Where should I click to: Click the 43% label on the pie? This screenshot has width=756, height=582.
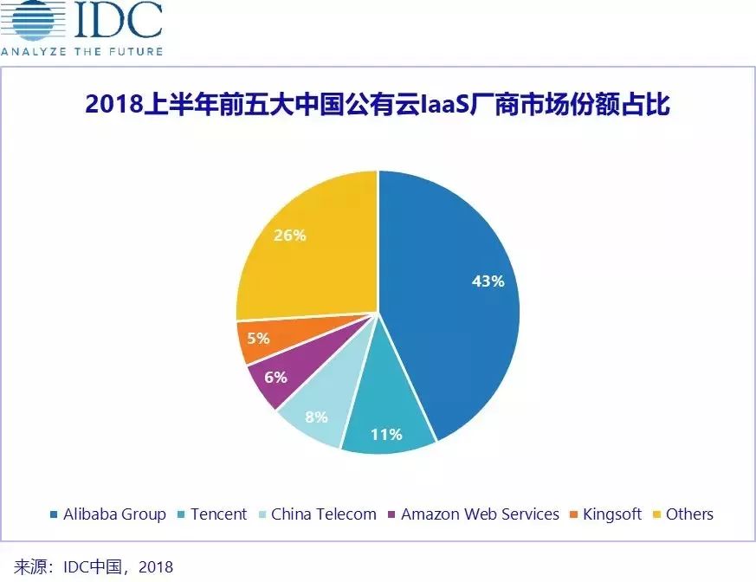coord(487,281)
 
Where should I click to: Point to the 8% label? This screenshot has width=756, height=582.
coord(316,417)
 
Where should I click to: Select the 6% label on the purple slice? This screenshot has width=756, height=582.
coord(276,377)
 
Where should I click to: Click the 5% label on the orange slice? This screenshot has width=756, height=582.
coord(258,338)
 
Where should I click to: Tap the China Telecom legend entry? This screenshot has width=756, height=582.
coord(323,514)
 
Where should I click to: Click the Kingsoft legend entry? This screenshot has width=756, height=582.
coord(611,514)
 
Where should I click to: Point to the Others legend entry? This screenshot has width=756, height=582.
coord(689,514)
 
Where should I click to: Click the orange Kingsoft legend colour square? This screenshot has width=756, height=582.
coord(574,514)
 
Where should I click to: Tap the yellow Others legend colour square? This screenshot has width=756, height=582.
coord(657,514)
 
